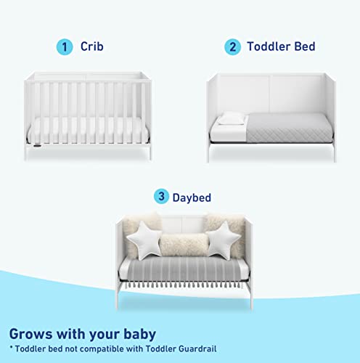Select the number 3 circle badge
(x=160, y=197)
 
